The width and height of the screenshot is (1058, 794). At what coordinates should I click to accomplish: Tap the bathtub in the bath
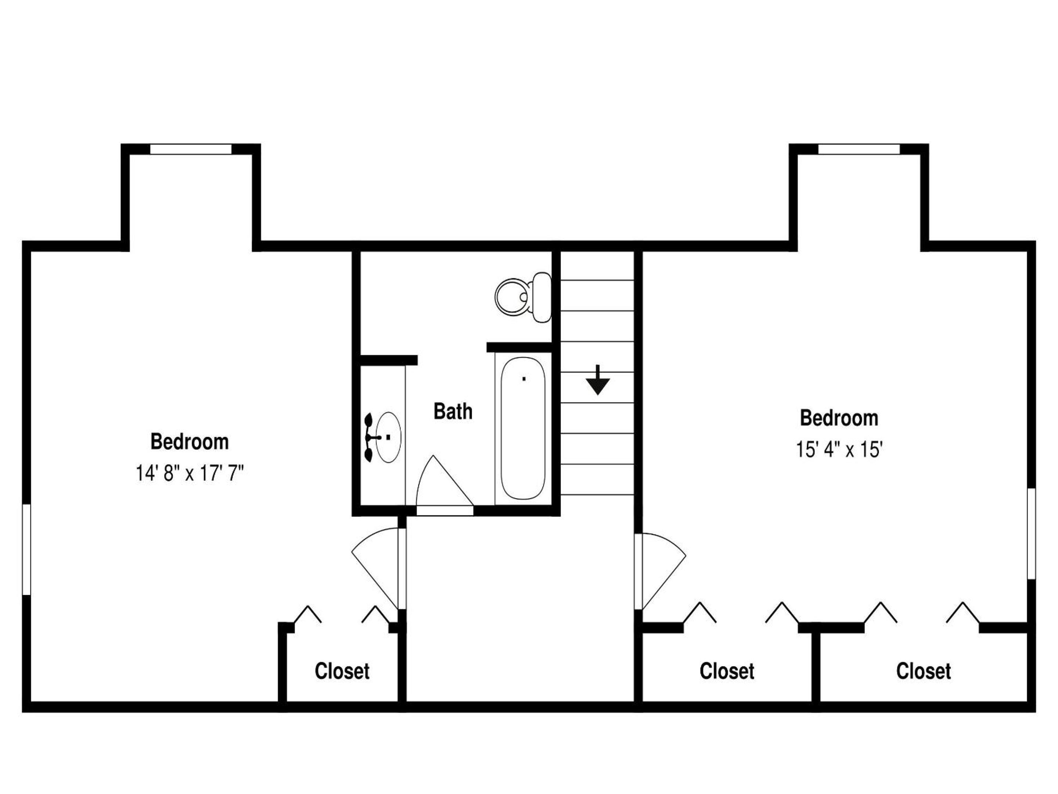pos(523,428)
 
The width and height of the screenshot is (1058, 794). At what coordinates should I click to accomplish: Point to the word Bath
pos(453,412)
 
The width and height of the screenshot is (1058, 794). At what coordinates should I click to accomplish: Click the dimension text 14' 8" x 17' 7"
pos(190,474)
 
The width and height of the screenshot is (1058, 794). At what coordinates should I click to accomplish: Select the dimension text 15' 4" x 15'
pos(839,450)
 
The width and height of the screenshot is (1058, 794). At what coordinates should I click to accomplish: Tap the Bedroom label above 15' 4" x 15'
pos(839,418)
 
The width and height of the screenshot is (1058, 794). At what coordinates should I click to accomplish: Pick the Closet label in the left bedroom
pos(342,672)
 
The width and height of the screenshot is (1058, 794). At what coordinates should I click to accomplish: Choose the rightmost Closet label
pos(924,672)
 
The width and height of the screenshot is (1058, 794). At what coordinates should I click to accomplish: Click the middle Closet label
pos(727,672)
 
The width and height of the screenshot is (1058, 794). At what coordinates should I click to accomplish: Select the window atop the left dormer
pos(191,149)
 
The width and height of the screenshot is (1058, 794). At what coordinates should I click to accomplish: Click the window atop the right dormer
pos(859,149)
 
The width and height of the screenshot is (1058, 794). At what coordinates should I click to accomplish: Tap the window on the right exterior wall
pos(1032,534)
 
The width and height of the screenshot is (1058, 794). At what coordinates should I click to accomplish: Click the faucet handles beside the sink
pos(370,437)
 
